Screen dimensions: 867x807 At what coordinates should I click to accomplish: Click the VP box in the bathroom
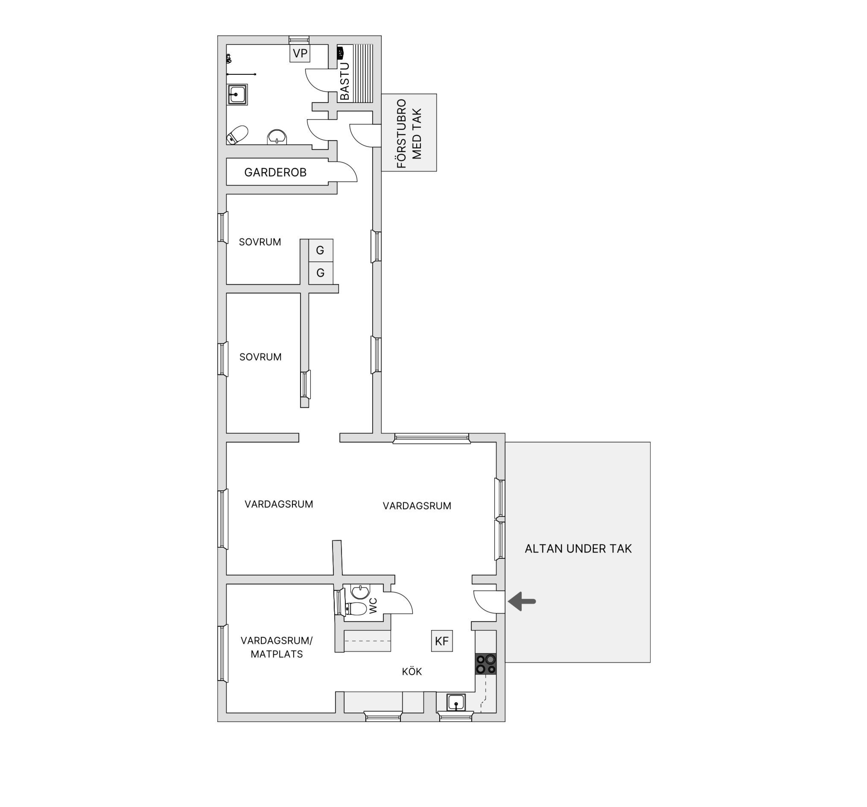coord(300,53)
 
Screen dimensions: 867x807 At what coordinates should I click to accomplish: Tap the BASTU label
coord(344,81)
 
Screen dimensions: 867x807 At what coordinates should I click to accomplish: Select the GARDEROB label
coord(275,173)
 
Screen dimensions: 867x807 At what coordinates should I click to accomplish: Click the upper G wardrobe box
coord(321,250)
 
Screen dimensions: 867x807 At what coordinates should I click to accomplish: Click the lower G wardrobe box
coord(321,273)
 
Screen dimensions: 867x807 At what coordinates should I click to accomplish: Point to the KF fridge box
coord(442,641)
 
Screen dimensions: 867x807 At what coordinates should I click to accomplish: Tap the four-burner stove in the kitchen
coord(486,664)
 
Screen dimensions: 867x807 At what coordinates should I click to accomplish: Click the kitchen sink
coord(456,702)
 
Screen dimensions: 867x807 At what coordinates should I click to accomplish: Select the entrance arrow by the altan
coord(522,602)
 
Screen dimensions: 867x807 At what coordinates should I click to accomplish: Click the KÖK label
coord(412,671)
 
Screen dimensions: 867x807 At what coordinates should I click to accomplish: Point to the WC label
coord(374,606)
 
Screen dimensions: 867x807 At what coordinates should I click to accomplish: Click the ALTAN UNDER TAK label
coord(578,549)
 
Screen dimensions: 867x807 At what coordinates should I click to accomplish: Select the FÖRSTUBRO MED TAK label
coord(409,134)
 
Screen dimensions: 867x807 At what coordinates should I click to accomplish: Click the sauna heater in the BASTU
coord(341,53)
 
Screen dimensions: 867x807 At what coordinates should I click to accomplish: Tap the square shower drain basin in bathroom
coord(237,95)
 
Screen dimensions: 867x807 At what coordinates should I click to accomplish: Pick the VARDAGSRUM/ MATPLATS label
coord(277,647)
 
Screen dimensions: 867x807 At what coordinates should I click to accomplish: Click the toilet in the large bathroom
coord(237,135)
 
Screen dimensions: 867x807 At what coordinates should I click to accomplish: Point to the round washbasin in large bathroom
coord(277,137)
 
